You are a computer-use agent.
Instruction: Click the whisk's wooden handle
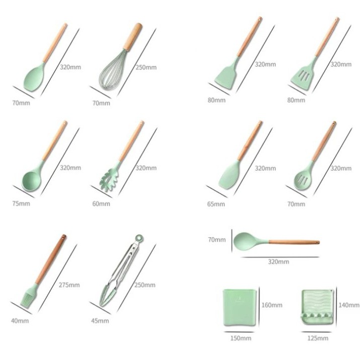133,37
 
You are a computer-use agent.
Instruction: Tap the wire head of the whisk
112,70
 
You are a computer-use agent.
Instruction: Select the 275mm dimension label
69,285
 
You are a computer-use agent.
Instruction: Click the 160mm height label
272,305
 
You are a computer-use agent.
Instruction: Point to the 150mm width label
241,338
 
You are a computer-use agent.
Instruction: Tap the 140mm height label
349,305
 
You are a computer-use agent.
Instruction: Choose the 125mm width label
318,338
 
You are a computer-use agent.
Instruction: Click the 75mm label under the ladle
21,203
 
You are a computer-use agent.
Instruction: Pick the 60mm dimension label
101,203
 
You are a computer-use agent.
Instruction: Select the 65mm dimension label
216,204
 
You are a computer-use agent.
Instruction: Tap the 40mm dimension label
20,321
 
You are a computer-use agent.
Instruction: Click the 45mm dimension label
100,321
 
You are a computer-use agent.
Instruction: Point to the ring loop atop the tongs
139,239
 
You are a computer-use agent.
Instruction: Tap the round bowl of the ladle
31,181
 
